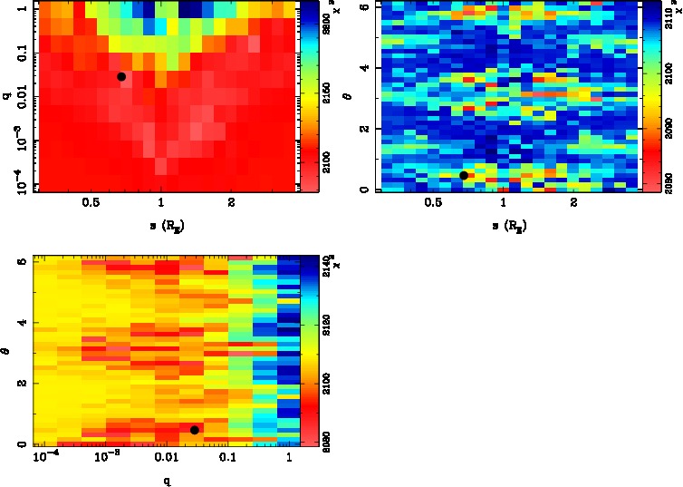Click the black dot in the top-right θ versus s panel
(x=464, y=175)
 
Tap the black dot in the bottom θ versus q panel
(x=195, y=430)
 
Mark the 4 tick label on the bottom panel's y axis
(x=23, y=323)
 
